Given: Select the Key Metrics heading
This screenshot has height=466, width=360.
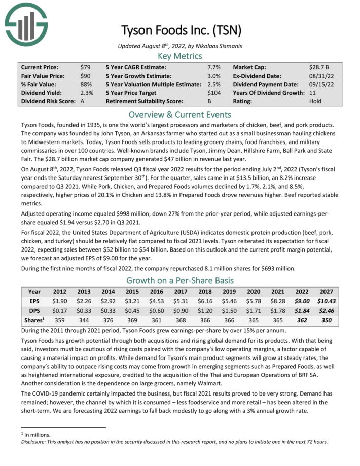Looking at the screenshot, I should point(179,56).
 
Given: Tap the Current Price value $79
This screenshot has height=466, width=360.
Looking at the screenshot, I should point(85,67).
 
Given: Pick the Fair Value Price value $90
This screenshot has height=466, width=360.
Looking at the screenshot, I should point(85,76).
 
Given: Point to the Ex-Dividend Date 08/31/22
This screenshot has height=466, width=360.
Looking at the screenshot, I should point(319,76).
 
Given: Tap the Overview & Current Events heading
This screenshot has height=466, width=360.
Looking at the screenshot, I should point(179,114).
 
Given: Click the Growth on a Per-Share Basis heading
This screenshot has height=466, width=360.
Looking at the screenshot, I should point(179,280).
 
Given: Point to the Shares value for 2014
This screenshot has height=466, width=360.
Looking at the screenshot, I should point(107,320).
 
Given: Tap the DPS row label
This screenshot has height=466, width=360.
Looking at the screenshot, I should point(34,310).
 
